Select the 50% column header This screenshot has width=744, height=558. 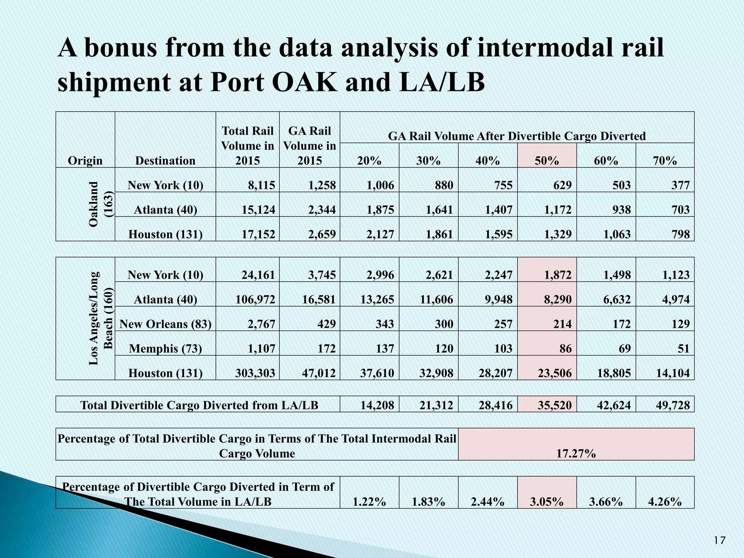(x=547, y=161)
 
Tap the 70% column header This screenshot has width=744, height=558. (x=665, y=161)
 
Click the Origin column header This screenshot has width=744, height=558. (x=85, y=161)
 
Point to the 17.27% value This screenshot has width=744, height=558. (x=576, y=453)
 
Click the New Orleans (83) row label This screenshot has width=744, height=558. (x=166, y=324)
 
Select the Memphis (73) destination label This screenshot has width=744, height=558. (x=166, y=349)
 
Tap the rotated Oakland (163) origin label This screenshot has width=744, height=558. (x=100, y=204)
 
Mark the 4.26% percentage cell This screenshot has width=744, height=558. (x=665, y=502)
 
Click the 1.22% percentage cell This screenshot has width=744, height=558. (x=369, y=502)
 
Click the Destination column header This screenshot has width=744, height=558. (x=165, y=161)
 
